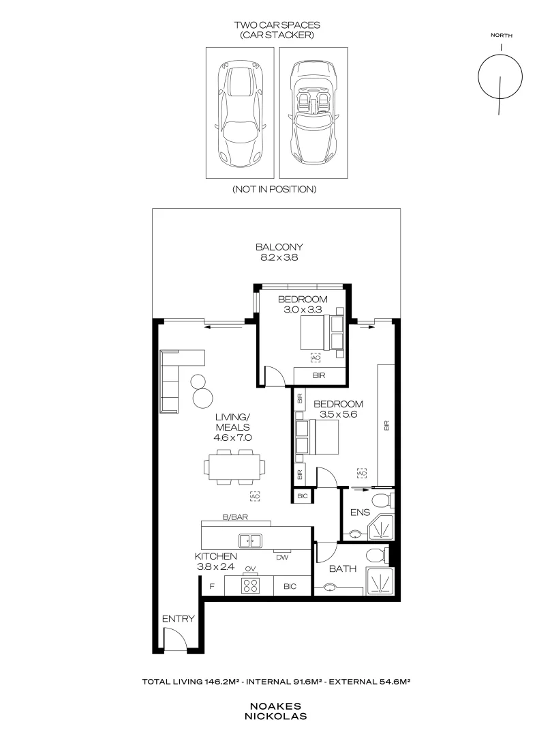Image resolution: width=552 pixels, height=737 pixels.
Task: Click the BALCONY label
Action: click(x=279, y=247)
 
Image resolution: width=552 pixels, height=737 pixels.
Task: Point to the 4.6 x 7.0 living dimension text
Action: click(x=234, y=438)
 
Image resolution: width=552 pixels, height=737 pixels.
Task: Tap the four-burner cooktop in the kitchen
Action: click(x=251, y=586)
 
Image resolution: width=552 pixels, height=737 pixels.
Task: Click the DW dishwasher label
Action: click(x=282, y=557)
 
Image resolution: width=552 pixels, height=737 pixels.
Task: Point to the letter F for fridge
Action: click(x=212, y=586)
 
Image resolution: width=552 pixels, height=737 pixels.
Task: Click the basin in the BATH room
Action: click(x=331, y=586)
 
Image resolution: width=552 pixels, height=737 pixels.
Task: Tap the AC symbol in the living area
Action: click(x=255, y=497)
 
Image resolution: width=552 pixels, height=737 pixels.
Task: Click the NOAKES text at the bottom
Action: click(x=278, y=707)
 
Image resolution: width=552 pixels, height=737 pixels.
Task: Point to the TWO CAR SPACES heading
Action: click(x=277, y=25)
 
